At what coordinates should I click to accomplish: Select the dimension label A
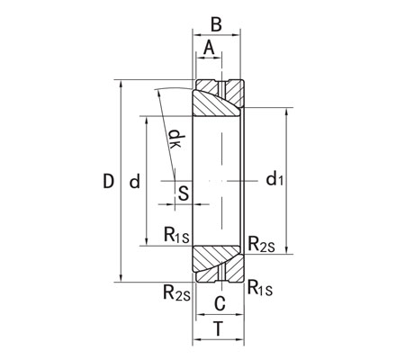click(210, 47)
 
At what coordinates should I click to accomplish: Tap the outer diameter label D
click(108, 182)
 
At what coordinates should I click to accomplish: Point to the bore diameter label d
click(134, 182)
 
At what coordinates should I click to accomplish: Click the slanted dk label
click(175, 139)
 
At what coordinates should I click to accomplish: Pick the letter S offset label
click(183, 192)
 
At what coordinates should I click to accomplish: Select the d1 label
click(275, 180)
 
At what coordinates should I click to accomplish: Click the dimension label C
click(219, 302)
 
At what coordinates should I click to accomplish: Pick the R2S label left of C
click(175, 291)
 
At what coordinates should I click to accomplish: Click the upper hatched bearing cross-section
click(219, 100)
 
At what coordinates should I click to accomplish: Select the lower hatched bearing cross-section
click(219, 262)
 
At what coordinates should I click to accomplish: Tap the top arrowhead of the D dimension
click(120, 84)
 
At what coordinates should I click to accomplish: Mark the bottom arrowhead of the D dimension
click(120, 280)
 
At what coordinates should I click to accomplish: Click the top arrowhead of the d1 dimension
click(286, 112)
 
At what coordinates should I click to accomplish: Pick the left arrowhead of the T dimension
click(195, 341)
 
